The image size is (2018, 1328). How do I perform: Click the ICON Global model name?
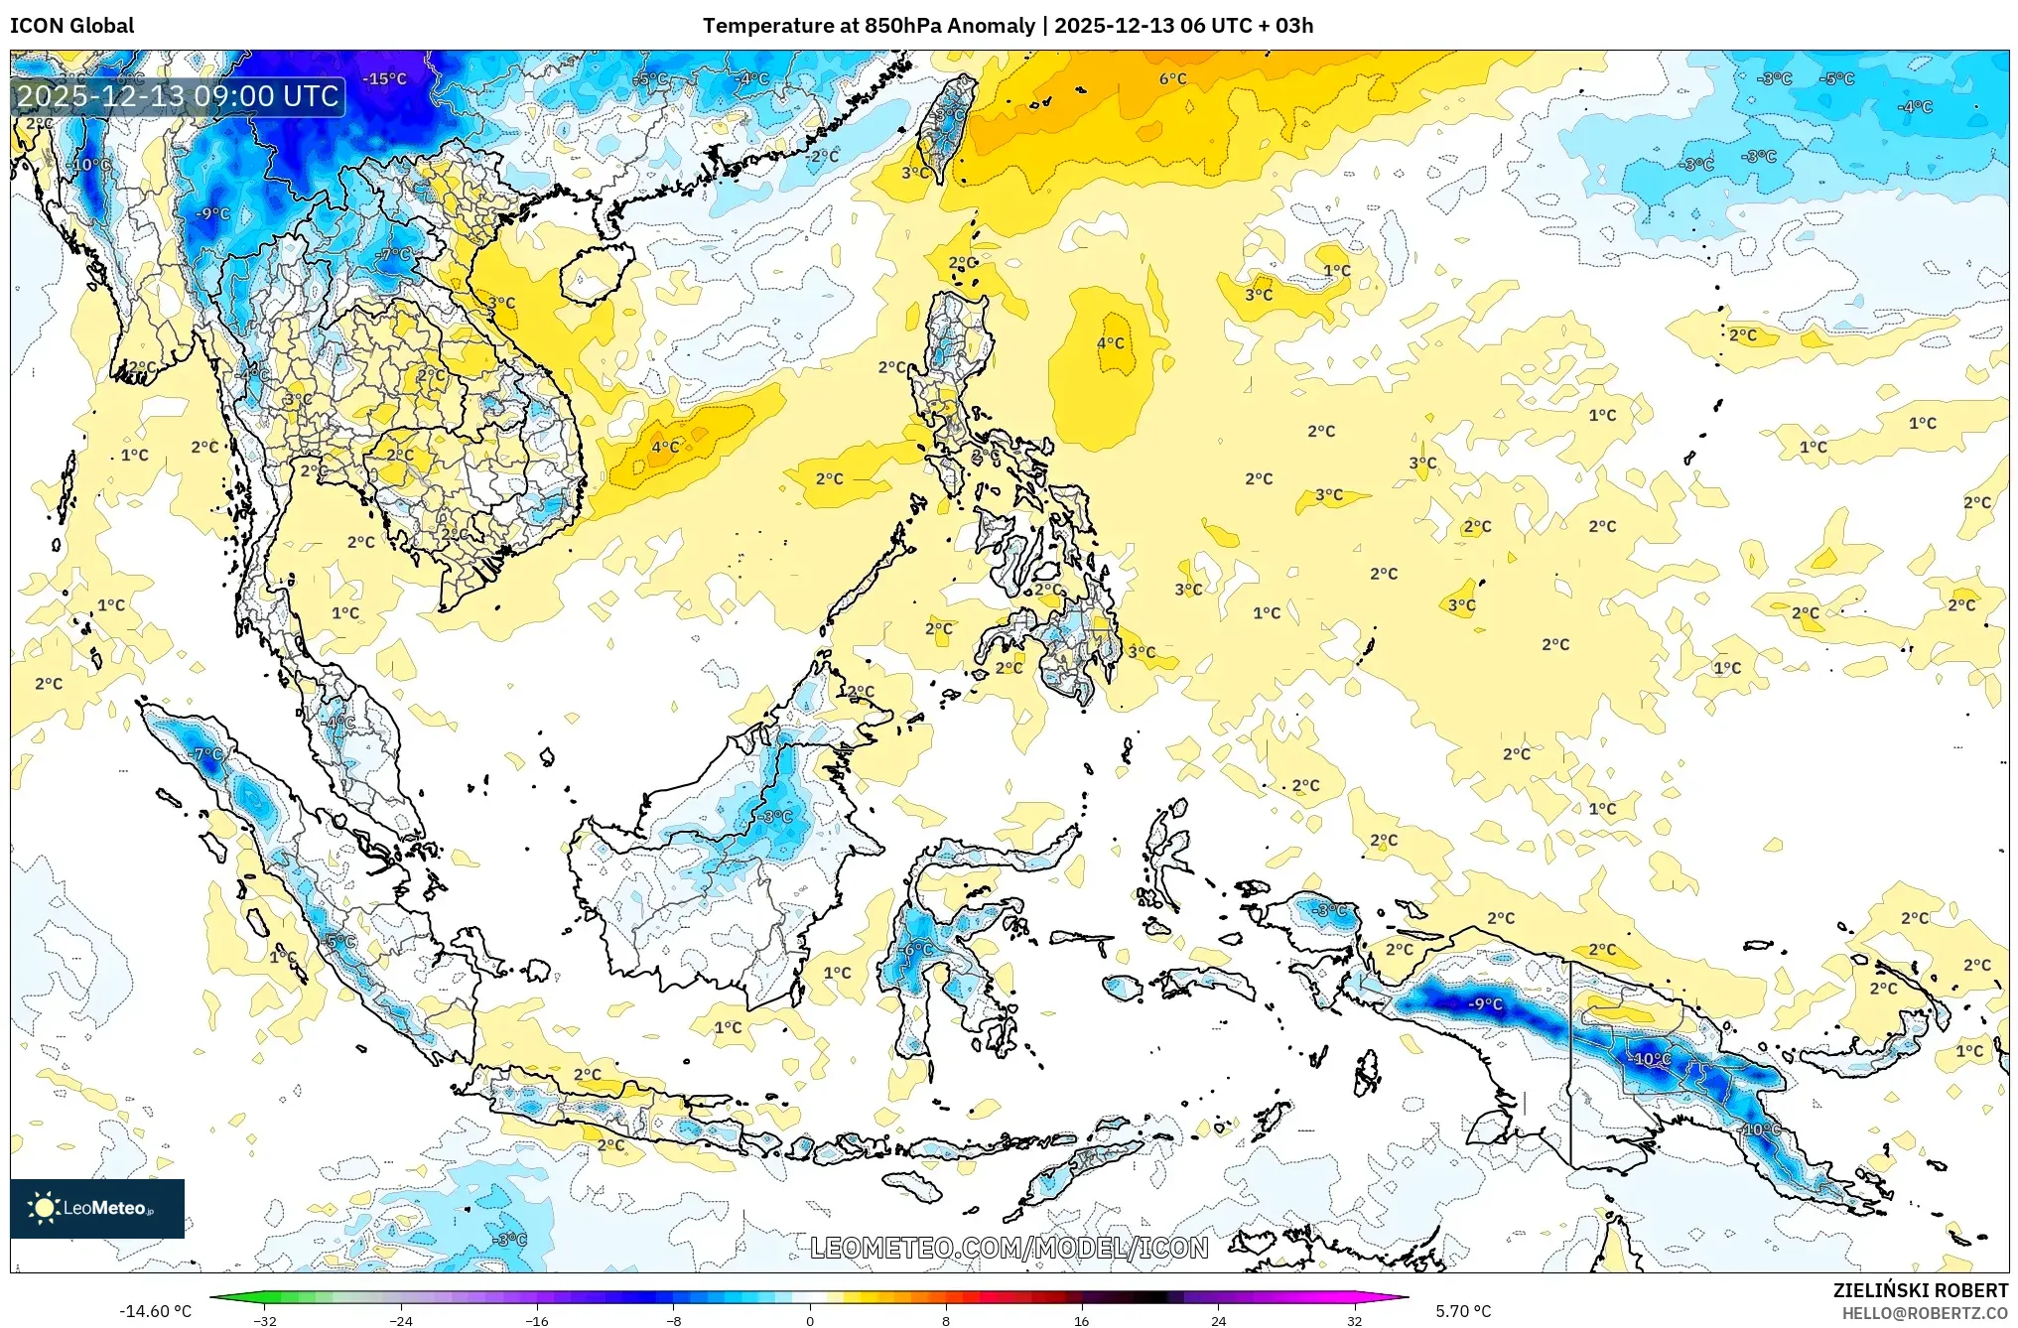tap(71, 26)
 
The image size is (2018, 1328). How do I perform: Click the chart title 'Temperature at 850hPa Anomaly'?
tap(869, 26)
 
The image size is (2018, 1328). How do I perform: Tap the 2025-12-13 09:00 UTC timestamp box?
tap(179, 96)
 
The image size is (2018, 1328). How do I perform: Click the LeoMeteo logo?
tap(97, 1208)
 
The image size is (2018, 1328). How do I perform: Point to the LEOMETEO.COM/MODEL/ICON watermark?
tap(1009, 1248)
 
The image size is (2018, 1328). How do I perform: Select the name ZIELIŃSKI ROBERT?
tap(1920, 1290)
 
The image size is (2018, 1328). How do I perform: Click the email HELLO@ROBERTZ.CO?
tap(1925, 1313)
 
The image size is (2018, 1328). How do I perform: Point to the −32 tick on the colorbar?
tap(265, 1320)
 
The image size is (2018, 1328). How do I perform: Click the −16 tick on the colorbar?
tap(537, 1320)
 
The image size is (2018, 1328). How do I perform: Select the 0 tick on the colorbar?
tap(810, 1320)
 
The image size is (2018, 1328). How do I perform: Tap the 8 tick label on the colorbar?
tap(946, 1320)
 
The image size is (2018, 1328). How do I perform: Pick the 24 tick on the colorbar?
tap(1218, 1320)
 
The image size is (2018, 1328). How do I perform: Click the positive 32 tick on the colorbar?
tap(1354, 1320)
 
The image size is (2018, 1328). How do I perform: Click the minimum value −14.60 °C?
tap(155, 1311)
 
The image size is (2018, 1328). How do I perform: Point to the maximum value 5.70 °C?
tap(1463, 1311)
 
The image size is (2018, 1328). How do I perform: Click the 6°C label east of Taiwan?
tap(1172, 78)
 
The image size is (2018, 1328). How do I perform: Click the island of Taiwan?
tap(946, 129)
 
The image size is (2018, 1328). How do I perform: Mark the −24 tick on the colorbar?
tap(401, 1320)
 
